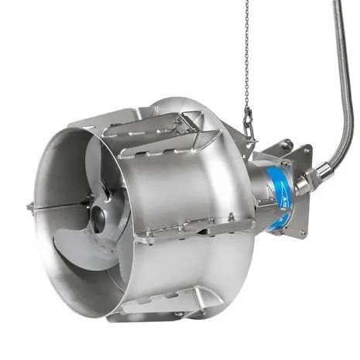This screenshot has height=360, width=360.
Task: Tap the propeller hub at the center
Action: pyautogui.click(x=99, y=220)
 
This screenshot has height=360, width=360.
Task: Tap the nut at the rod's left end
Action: pyautogui.click(x=29, y=207)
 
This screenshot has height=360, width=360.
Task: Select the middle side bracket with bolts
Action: pyautogui.click(x=194, y=227)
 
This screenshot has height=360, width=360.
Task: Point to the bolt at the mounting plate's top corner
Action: pyautogui.click(x=287, y=142)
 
